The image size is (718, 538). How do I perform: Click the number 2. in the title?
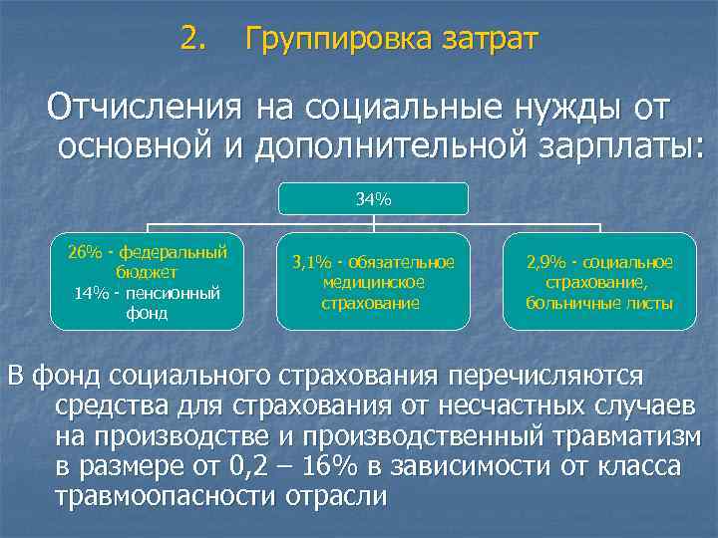click(194, 39)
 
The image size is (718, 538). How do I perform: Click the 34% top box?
click(373, 199)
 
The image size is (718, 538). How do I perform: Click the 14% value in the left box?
click(91, 292)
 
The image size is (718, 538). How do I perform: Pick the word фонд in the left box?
click(147, 313)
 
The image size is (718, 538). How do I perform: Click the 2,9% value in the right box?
click(545, 262)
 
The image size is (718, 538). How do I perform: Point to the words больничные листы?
click(599, 303)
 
